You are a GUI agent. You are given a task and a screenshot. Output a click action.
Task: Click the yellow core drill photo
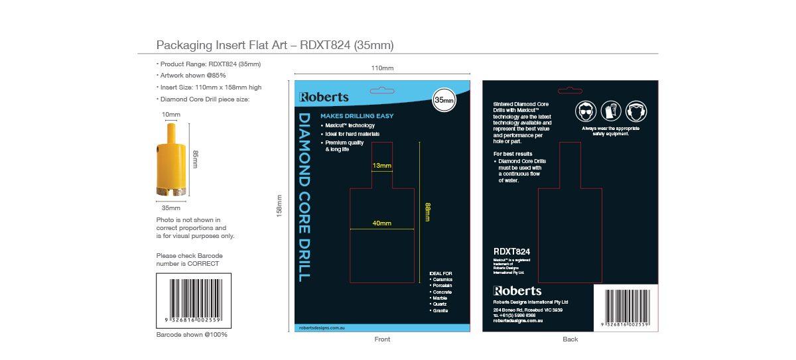171,161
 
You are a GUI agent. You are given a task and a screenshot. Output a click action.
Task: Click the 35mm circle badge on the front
444,99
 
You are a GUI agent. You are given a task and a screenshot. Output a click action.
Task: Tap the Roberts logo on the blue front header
324,97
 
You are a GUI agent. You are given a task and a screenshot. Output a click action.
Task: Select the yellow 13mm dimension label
381,166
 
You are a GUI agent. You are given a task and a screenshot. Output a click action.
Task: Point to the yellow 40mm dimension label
381,223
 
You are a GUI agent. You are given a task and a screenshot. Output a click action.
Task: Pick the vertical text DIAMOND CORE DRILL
304,197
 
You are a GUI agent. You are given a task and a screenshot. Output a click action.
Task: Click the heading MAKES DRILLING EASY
357,116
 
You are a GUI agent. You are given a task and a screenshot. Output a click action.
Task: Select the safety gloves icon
611,111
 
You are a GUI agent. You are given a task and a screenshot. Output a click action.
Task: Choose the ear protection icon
636,111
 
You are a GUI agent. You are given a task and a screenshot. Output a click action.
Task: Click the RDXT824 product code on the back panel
511,252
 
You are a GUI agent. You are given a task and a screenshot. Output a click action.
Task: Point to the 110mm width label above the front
382,68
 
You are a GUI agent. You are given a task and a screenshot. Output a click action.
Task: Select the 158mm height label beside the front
279,206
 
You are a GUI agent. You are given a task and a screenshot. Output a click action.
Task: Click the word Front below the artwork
382,339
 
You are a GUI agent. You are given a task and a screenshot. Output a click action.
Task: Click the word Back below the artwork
570,339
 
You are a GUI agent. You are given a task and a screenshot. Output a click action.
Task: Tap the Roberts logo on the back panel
517,291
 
